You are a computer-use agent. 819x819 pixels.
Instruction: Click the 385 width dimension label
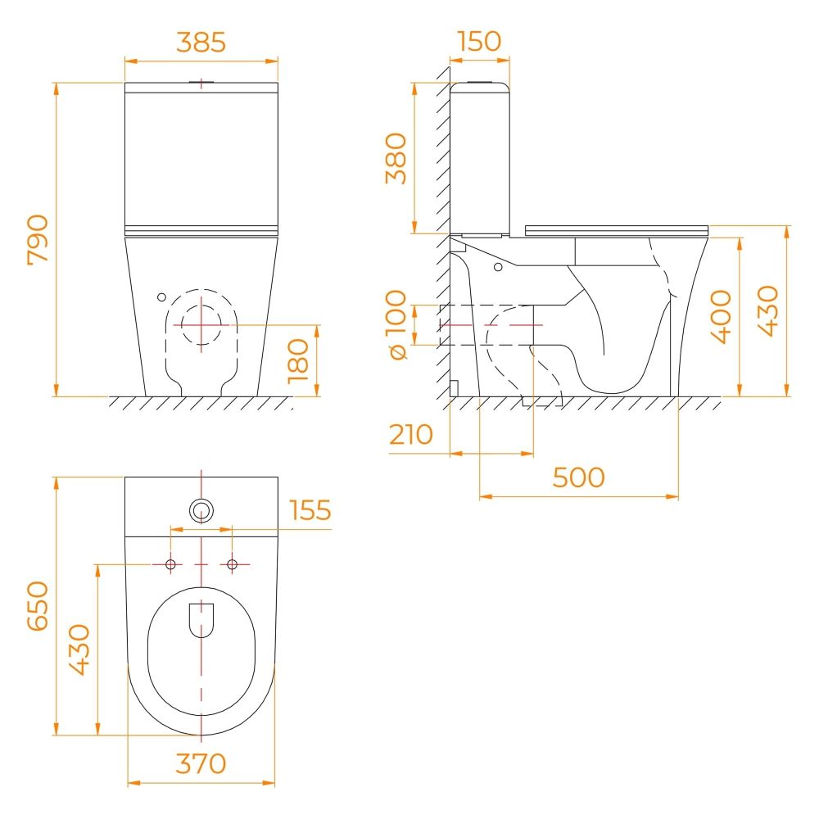[201, 43]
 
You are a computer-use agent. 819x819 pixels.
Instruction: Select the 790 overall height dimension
[38, 239]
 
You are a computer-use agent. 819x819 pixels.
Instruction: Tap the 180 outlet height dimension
[298, 361]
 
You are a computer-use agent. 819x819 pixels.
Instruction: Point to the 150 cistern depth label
[479, 41]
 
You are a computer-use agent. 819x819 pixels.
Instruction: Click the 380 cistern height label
[396, 158]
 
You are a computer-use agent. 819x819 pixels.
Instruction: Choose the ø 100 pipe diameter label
[396, 325]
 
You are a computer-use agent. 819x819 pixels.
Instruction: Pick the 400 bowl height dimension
[722, 316]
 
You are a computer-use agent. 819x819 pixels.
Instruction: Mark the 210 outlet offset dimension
[411, 434]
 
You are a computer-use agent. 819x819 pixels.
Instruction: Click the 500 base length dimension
[579, 477]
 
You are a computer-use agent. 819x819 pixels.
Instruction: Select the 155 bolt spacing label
[310, 510]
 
